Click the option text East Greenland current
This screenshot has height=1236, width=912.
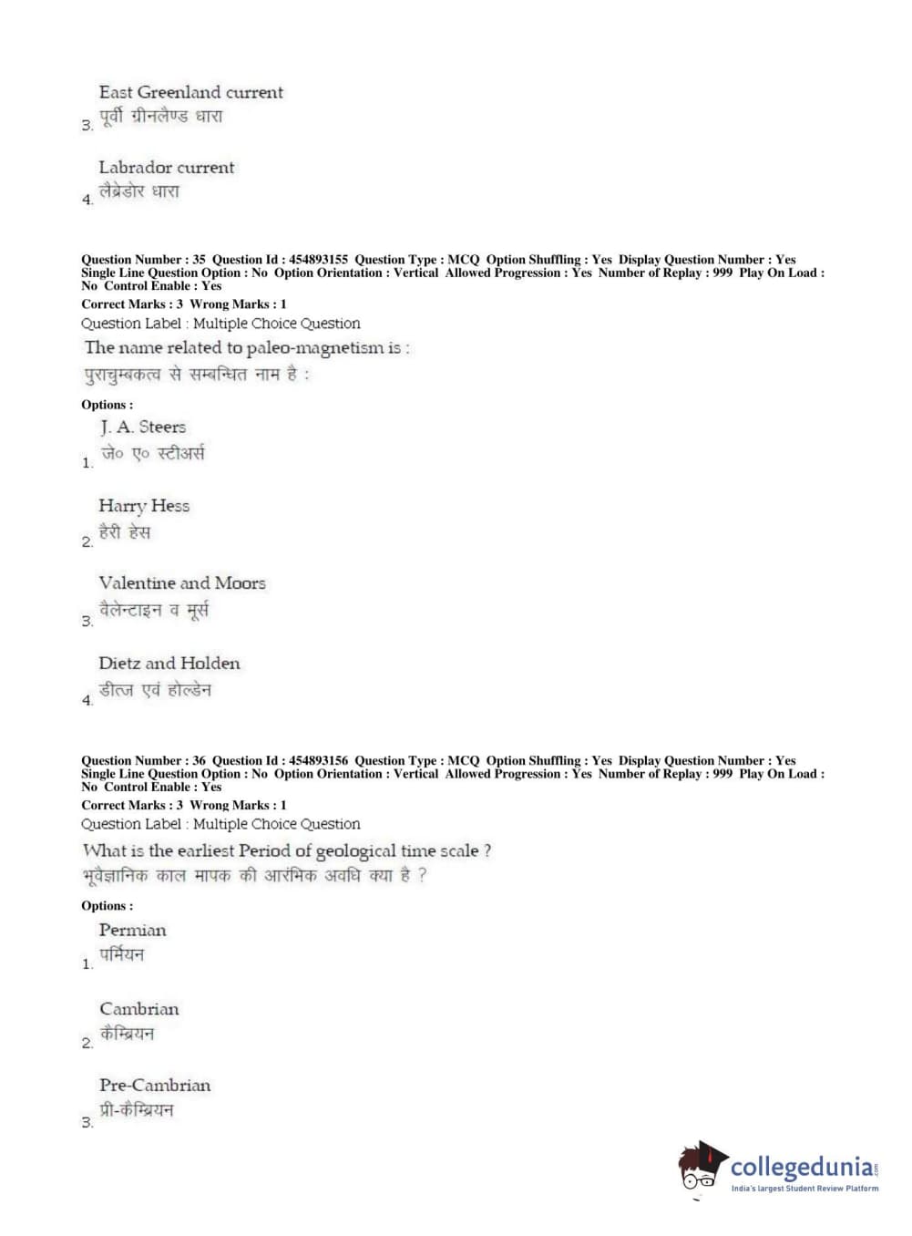(x=190, y=92)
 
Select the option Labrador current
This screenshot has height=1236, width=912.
(x=166, y=168)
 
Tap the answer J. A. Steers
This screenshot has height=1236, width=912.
(x=143, y=427)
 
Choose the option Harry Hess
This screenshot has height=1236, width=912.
(x=144, y=506)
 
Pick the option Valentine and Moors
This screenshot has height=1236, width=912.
(x=182, y=583)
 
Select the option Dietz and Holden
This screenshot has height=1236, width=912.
(x=169, y=664)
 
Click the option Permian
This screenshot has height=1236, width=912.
(x=133, y=931)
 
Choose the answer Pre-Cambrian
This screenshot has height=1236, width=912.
(x=155, y=1086)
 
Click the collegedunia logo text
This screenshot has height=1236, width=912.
(x=802, y=1167)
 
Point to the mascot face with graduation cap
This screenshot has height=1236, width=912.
(x=701, y=1167)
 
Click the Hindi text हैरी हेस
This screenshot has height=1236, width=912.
(x=125, y=532)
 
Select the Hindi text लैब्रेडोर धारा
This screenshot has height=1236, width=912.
(x=139, y=192)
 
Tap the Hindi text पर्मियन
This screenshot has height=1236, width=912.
(x=122, y=955)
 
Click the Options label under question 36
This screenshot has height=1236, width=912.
(x=107, y=906)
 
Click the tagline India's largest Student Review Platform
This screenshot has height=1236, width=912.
(x=804, y=1189)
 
